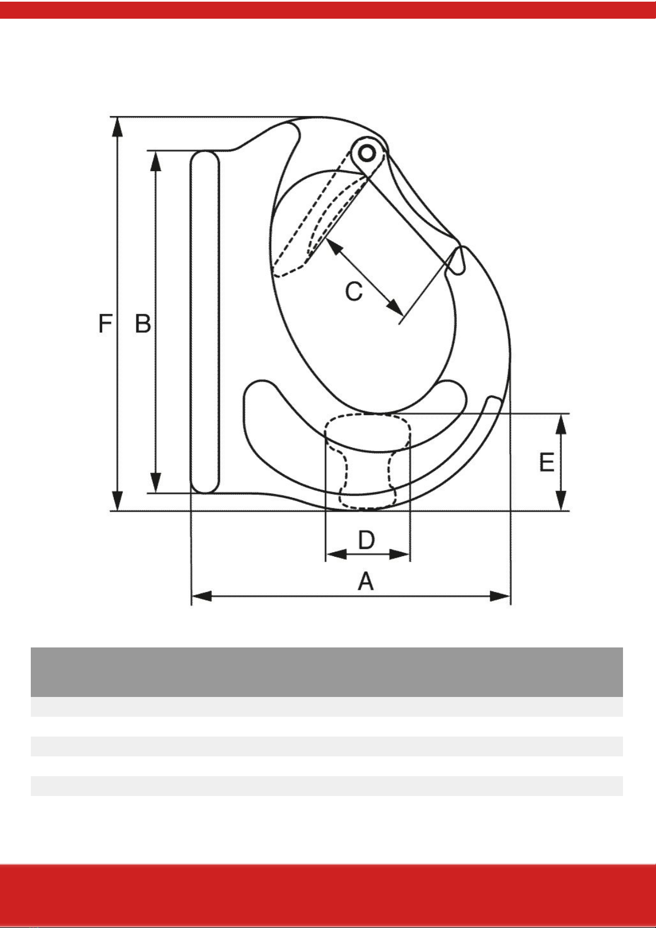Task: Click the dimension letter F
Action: coord(105,323)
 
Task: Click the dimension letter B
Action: coord(143,323)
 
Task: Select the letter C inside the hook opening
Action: coord(354,291)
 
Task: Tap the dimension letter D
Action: coord(367,540)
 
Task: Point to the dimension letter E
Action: coord(547,462)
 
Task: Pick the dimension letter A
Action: coord(366,581)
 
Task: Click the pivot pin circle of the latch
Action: coord(366,153)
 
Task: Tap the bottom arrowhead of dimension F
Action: coord(118,501)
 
